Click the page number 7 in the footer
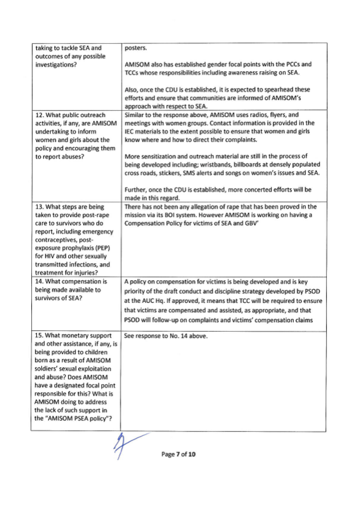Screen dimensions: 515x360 (178, 454)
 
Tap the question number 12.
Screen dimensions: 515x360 (40, 115)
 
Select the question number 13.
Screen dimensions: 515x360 (39, 207)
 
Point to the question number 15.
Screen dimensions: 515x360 (39, 336)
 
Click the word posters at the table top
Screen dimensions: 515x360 (135, 48)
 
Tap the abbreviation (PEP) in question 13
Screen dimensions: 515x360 (102, 248)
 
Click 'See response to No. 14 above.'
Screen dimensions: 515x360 (166, 336)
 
